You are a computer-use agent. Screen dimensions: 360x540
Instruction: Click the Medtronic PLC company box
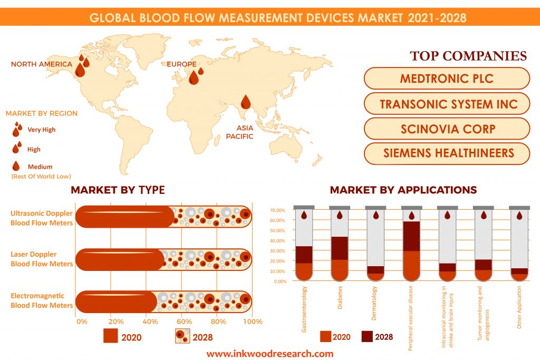[x=446, y=79]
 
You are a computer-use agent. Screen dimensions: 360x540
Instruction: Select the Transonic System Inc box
[x=446, y=104]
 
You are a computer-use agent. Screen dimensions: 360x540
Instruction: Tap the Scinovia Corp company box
[x=446, y=129]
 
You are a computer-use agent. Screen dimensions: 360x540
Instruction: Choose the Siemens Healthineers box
[x=446, y=153]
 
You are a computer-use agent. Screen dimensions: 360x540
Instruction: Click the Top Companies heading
[x=468, y=56]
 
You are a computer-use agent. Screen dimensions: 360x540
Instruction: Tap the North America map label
[x=41, y=64]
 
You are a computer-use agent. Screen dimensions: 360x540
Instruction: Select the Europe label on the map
[x=181, y=64]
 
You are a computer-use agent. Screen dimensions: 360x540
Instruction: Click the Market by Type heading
[x=118, y=190]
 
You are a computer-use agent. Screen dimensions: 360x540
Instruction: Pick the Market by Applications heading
[x=403, y=190]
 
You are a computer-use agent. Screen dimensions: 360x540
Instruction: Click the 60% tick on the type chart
[x=184, y=322]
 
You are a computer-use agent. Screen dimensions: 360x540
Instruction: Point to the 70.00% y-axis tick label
[x=277, y=210]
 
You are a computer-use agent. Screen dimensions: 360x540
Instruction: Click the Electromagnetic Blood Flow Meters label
[x=42, y=300]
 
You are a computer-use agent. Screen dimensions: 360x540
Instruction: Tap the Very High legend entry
[x=41, y=130]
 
